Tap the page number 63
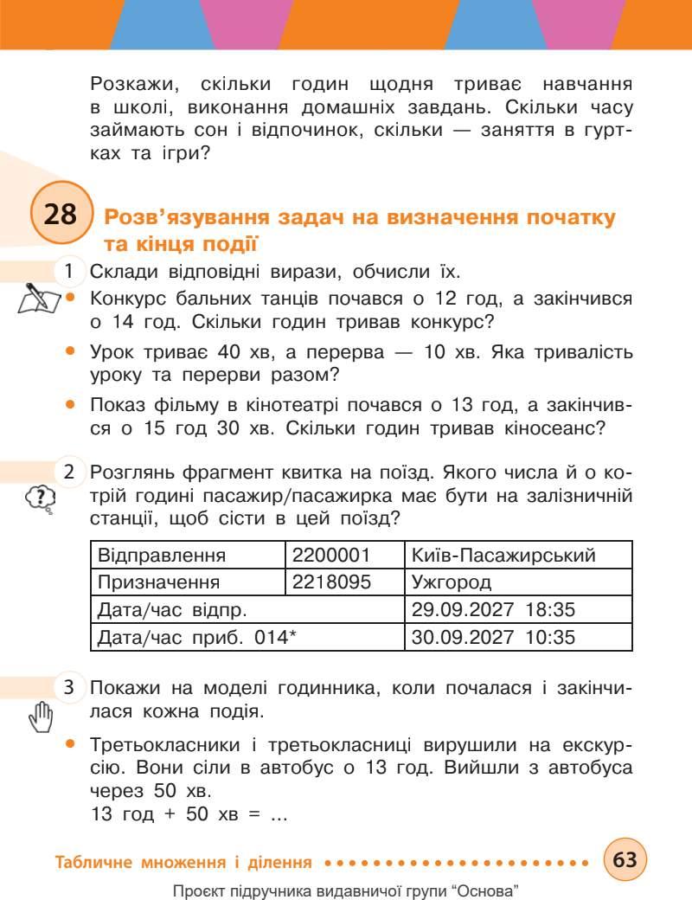point(625,860)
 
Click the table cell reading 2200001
point(344,555)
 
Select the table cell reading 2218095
point(344,582)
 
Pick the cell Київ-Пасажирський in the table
point(518,555)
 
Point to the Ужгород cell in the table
point(518,582)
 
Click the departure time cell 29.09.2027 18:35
point(518,609)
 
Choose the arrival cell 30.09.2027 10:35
point(518,638)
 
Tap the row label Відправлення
point(163,555)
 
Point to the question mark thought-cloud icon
point(41,498)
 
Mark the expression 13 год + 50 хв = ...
point(188,813)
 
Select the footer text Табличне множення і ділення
point(183,862)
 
